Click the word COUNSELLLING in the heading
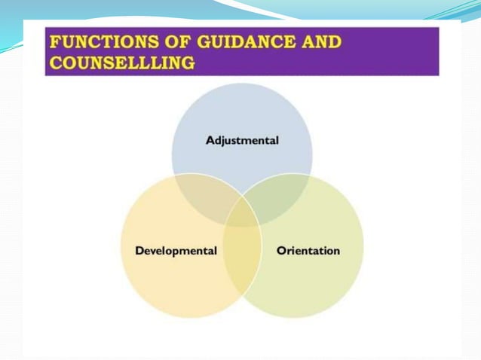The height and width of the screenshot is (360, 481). [x=121, y=63]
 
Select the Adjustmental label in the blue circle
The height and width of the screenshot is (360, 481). [x=242, y=140]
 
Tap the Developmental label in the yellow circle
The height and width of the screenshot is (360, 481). [x=176, y=250]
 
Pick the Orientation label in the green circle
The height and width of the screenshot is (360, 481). [x=308, y=250]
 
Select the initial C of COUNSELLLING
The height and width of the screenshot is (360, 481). [x=55, y=63]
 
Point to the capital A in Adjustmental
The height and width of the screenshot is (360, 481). [x=210, y=140]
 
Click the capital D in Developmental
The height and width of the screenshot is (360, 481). [x=139, y=250]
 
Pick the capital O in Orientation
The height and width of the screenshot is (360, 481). [x=281, y=250]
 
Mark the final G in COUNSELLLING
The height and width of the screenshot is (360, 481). [x=188, y=63]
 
